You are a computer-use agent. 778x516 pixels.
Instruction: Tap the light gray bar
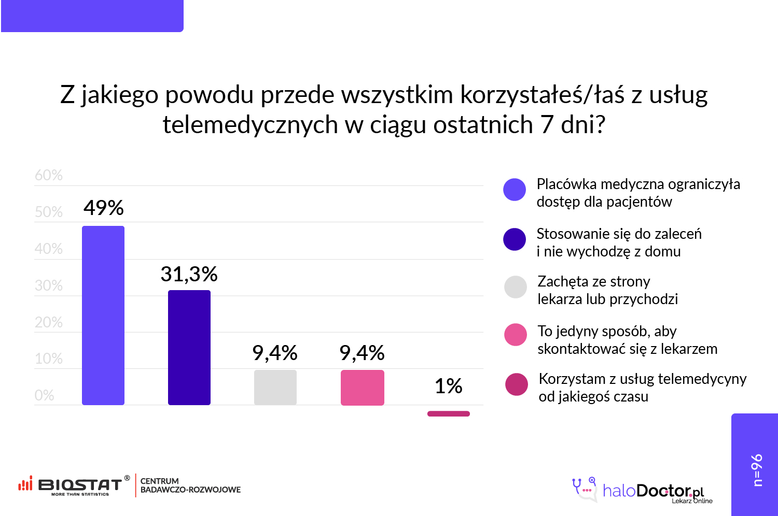point(275,387)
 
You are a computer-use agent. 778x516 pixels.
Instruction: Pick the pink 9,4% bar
point(363,387)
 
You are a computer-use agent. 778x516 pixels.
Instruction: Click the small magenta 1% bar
point(449,413)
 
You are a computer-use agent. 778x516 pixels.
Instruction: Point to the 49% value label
point(104,208)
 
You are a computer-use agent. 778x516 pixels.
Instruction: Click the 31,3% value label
point(189,274)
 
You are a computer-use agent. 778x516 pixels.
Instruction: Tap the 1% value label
point(448,386)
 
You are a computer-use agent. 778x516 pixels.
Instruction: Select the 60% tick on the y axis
point(49,175)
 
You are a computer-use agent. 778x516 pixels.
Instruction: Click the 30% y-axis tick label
point(49,285)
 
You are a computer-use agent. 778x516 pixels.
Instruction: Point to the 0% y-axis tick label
point(45,395)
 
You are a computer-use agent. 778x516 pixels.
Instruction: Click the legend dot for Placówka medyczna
point(515,190)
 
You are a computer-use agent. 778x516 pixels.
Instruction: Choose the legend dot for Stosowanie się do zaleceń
point(515,239)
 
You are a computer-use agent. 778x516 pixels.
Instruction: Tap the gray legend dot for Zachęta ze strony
point(516,287)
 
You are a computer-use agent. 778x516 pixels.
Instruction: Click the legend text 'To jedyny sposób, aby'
point(607,331)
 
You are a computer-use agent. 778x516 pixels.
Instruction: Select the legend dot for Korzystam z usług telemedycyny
point(517,384)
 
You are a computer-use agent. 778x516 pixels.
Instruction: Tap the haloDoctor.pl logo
point(643,490)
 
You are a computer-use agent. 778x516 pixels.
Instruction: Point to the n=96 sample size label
point(757,470)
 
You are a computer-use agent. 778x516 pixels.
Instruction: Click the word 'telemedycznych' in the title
point(251,125)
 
